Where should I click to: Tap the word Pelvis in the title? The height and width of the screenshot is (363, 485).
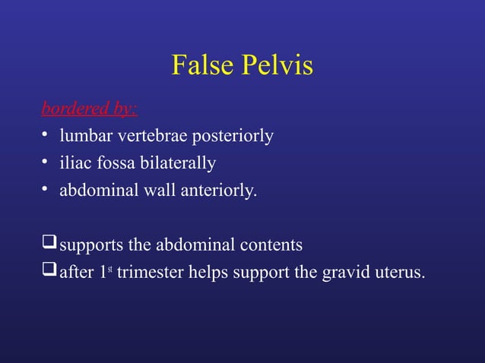coord(277,66)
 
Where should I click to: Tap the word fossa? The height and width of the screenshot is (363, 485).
coord(115,163)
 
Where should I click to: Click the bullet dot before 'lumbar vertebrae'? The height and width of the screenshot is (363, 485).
coord(46,136)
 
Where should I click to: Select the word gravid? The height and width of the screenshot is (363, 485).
coord(346,273)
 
